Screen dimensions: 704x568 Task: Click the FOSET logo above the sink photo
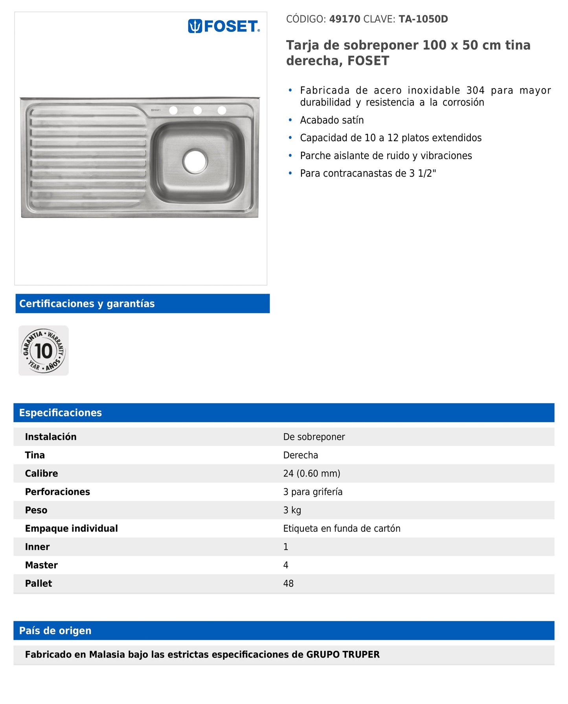pyautogui.click(x=224, y=26)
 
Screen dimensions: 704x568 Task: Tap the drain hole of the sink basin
pyautogui.click(x=195, y=161)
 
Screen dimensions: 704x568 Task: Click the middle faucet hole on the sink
pyautogui.click(x=197, y=111)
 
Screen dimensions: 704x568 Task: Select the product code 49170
pyautogui.click(x=344, y=19)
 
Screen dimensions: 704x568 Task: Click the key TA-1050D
pyautogui.click(x=423, y=19)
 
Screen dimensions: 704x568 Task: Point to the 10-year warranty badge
pyautogui.click(x=44, y=350)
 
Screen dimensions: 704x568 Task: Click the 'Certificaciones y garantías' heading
pyautogui.click(x=87, y=304)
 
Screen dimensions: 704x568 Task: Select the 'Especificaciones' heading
pyautogui.click(x=61, y=413)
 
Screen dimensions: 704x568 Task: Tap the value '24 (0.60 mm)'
pyautogui.click(x=312, y=473)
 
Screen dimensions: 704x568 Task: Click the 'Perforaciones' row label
pyautogui.click(x=57, y=492)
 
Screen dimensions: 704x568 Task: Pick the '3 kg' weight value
pyautogui.click(x=292, y=510)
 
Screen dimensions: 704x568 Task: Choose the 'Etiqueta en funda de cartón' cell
pyautogui.click(x=342, y=528)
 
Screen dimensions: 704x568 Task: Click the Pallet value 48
pyautogui.click(x=288, y=584)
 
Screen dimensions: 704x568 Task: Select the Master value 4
pyautogui.click(x=286, y=565)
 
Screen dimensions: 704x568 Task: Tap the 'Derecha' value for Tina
pyautogui.click(x=300, y=455)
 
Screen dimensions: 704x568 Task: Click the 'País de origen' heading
pyautogui.click(x=55, y=631)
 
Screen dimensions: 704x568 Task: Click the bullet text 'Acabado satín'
pyautogui.click(x=332, y=120)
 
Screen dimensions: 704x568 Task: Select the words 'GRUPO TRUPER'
pyautogui.click(x=343, y=654)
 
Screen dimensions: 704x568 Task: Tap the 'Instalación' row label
pyautogui.click(x=51, y=437)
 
